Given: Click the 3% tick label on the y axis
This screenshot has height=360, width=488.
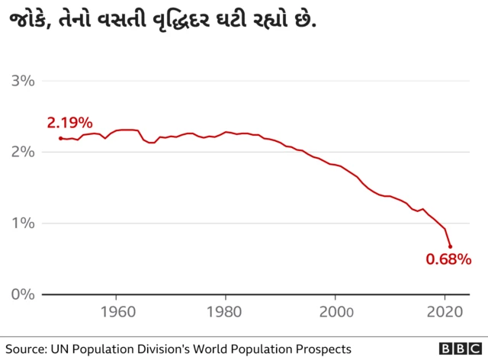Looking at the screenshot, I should tap(23, 81).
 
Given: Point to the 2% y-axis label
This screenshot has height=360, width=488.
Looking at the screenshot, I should tap(23, 152).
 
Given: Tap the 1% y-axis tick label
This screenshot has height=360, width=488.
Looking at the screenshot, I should tap(23, 223).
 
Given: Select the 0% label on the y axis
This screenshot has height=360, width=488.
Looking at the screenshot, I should tap(23, 294).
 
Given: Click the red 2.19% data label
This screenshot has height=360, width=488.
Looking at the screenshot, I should tap(69, 123).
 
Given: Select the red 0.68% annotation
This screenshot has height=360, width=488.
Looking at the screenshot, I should tap(448, 260).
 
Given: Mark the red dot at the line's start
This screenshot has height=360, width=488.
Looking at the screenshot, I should tap(60, 138).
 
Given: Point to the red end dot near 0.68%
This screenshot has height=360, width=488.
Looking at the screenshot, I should tap(451, 246).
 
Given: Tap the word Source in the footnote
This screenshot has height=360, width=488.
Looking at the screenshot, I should tap(27, 348).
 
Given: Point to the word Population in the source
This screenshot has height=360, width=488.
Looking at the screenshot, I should tap(106, 348).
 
